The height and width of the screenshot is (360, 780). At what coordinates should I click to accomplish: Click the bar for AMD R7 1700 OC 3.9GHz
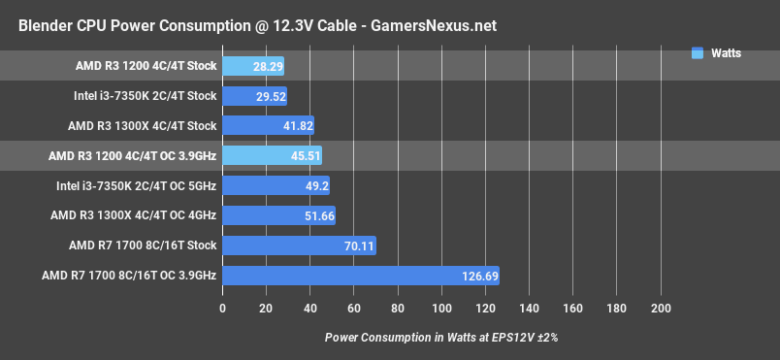coord(360,276)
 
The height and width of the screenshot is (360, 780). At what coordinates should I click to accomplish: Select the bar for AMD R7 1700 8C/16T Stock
coord(299,245)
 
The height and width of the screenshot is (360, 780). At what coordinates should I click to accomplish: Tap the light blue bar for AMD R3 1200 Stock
coord(252,66)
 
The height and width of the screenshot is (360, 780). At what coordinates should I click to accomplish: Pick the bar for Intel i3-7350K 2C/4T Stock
coord(254,96)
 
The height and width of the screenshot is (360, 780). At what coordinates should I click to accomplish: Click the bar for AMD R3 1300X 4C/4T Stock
coord(268,125)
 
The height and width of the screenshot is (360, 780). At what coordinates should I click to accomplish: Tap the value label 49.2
coord(316,185)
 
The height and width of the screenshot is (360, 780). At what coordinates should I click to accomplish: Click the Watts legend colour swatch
coord(697,53)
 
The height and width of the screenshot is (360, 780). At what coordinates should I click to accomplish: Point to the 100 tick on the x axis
coord(441,309)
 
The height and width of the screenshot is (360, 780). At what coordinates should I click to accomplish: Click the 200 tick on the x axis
coord(661,309)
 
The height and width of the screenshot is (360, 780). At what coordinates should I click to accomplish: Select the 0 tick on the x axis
coord(222,309)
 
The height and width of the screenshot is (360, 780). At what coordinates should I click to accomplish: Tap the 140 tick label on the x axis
coord(529,309)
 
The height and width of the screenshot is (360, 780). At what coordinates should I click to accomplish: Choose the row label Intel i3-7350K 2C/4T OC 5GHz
coord(138,185)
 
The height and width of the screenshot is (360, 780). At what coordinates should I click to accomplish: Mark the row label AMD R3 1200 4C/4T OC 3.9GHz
coord(132,155)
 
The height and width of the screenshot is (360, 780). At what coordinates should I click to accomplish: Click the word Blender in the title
coord(47,26)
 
